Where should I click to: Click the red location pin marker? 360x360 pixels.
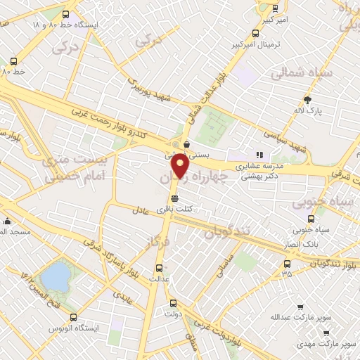tap(180, 167)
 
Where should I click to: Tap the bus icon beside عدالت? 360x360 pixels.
tap(160, 268)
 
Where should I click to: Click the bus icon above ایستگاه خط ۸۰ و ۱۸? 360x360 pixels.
tap(66, 13)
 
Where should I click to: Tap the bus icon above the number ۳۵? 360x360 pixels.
tap(286, 264)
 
